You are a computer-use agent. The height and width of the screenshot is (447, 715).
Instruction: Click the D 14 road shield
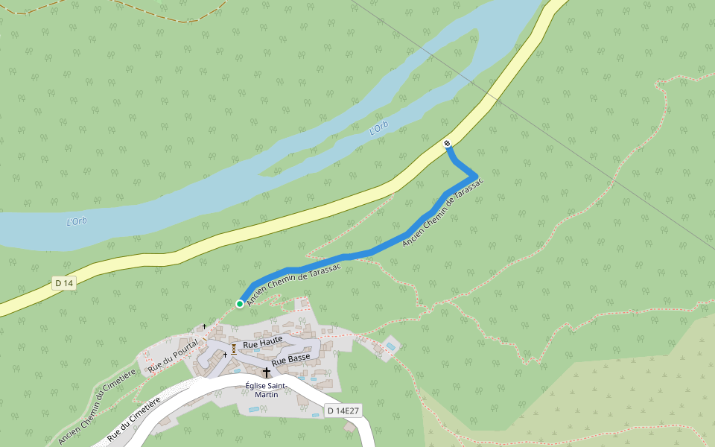click(64, 283)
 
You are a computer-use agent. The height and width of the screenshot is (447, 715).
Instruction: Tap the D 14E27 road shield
click(343, 410)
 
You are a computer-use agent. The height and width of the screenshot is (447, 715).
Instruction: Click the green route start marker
click(240, 303)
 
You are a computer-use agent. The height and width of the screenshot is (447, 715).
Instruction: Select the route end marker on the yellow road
click(448, 143)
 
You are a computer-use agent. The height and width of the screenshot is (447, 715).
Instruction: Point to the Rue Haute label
click(263, 342)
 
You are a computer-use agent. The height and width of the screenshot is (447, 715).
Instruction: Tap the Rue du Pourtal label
click(173, 355)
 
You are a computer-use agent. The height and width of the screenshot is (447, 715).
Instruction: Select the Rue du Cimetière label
click(134, 420)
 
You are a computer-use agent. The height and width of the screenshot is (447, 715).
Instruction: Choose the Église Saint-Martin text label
click(267, 390)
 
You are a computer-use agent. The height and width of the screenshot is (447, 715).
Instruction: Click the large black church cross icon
click(266, 372)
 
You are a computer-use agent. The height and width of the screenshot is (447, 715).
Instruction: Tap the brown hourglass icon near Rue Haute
click(234, 348)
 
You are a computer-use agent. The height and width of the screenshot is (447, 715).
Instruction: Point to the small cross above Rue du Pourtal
click(204, 326)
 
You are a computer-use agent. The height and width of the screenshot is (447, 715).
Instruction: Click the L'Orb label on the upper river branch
click(379, 128)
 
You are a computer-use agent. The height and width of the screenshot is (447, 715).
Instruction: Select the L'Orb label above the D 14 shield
click(77, 221)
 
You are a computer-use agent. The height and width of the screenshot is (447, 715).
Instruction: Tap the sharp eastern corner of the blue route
click(476, 176)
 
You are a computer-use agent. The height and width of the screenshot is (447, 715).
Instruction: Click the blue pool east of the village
click(391, 346)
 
